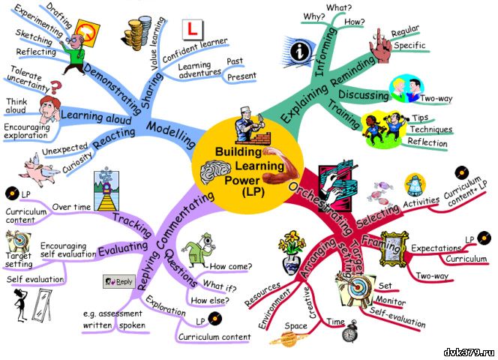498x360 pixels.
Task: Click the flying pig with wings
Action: coord(38,170)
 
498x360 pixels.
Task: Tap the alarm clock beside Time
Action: coord(349,331)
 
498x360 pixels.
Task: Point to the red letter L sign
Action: coord(193,29)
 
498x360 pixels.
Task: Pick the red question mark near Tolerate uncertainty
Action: coord(55,87)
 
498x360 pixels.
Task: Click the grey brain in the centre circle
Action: coord(214,172)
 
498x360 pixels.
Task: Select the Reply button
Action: coord(119,281)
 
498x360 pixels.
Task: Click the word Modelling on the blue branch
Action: coord(170,134)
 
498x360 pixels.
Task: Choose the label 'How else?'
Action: coord(209,300)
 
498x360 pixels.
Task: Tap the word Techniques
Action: coord(430,129)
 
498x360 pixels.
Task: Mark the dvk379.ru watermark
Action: coord(469,352)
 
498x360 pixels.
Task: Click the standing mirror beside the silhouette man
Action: coord(42,305)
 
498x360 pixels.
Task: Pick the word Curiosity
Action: coord(77,162)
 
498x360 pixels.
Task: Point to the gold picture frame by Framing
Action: coord(394,248)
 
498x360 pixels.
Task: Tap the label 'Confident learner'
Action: coord(195,50)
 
